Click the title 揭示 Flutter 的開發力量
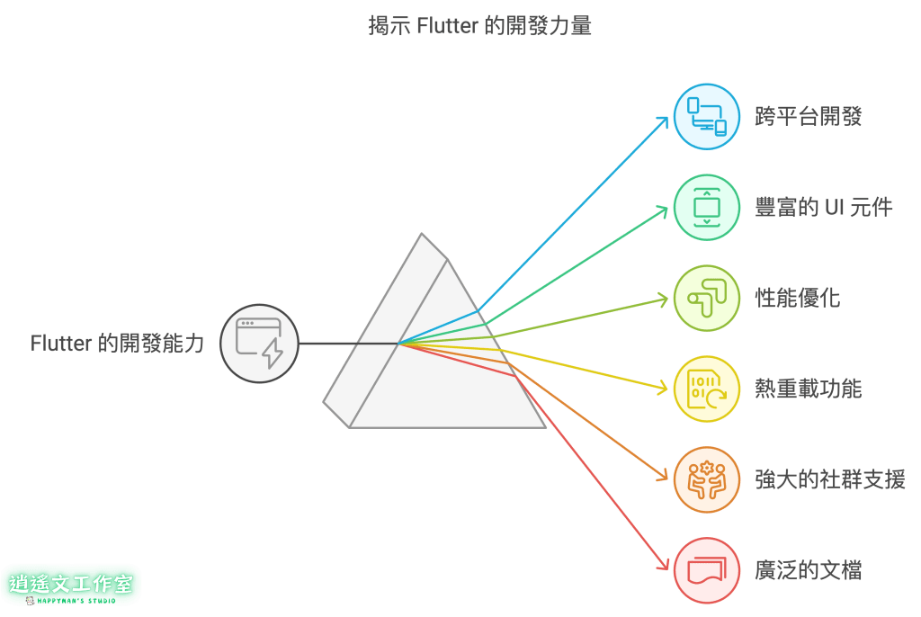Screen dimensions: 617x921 coord(479,25)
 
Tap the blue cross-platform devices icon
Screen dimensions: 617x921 coord(707,117)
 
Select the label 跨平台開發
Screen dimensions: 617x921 coord(808,117)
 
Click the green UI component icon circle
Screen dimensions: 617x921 coord(707,208)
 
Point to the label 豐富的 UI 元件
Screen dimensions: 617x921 coord(823,208)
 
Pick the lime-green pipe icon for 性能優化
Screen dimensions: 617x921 coord(707,299)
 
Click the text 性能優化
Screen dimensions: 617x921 coord(797,299)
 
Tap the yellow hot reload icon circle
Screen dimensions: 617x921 coord(707,389)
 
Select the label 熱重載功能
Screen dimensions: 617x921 coord(808,389)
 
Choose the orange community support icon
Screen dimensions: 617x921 coord(707,479)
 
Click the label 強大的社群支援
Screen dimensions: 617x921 coord(829,479)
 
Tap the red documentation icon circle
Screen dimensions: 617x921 coord(707,570)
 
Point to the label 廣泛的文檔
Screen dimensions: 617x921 coord(808,570)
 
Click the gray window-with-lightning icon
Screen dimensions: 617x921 coord(259,344)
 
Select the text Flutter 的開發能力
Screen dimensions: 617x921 coord(117,344)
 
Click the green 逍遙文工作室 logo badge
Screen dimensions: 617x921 coord(71,584)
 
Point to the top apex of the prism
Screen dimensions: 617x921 coord(421,236)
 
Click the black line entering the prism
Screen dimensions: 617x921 coord(346,344)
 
